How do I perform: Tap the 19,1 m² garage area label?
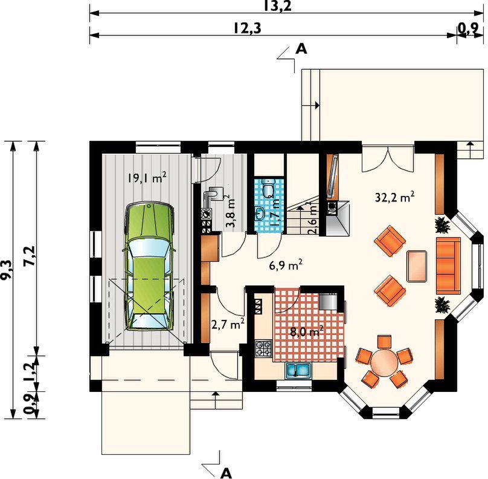[146, 178]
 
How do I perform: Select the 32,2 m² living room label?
[394, 197]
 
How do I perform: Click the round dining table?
[384, 362]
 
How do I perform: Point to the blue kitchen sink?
[298, 371]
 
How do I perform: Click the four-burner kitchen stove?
[263, 348]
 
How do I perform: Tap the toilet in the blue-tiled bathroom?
[268, 188]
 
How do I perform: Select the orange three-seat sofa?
[448, 266]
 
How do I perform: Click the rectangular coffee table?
[417, 266]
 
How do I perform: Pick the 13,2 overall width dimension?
[278, 6]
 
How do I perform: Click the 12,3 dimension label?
[248, 28]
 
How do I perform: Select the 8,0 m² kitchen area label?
[307, 331]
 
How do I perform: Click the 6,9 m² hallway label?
[286, 266]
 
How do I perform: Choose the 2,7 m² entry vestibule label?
[228, 324]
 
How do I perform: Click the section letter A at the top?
[301, 49]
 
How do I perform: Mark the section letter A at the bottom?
[226, 474]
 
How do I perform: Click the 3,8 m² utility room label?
[230, 212]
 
